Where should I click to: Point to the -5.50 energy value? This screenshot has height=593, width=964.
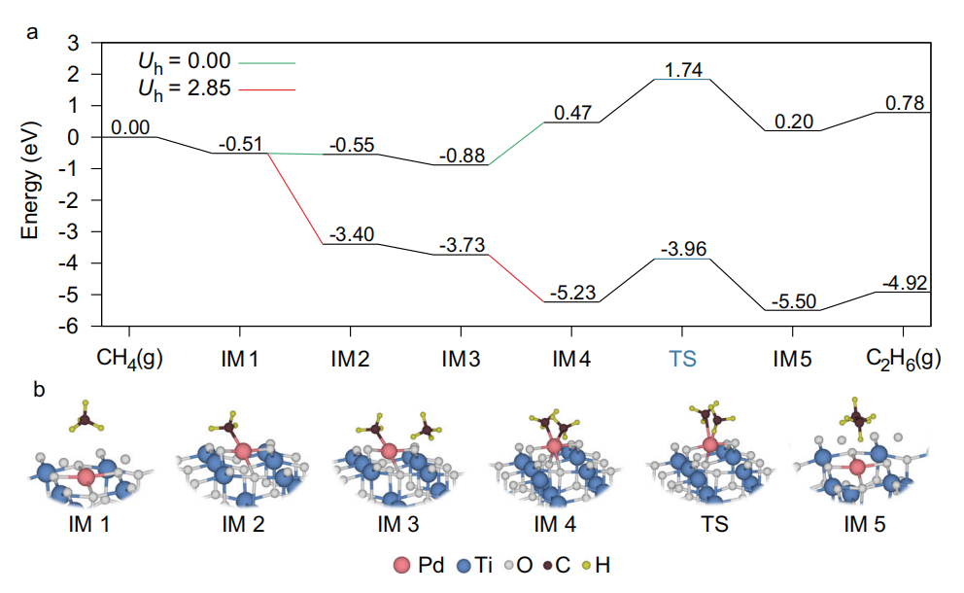pos(793,301)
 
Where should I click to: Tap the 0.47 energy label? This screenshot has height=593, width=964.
pos(571,114)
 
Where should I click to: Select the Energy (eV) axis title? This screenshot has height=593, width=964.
pos(33,185)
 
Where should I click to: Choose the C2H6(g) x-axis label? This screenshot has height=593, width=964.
pos(903,358)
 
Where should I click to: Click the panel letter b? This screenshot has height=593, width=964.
pos(39,390)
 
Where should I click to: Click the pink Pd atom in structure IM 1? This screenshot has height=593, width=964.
pos(86,476)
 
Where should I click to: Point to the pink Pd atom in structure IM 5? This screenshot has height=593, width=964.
pos(857,468)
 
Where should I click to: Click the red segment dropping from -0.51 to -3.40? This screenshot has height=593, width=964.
pos(296,198)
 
